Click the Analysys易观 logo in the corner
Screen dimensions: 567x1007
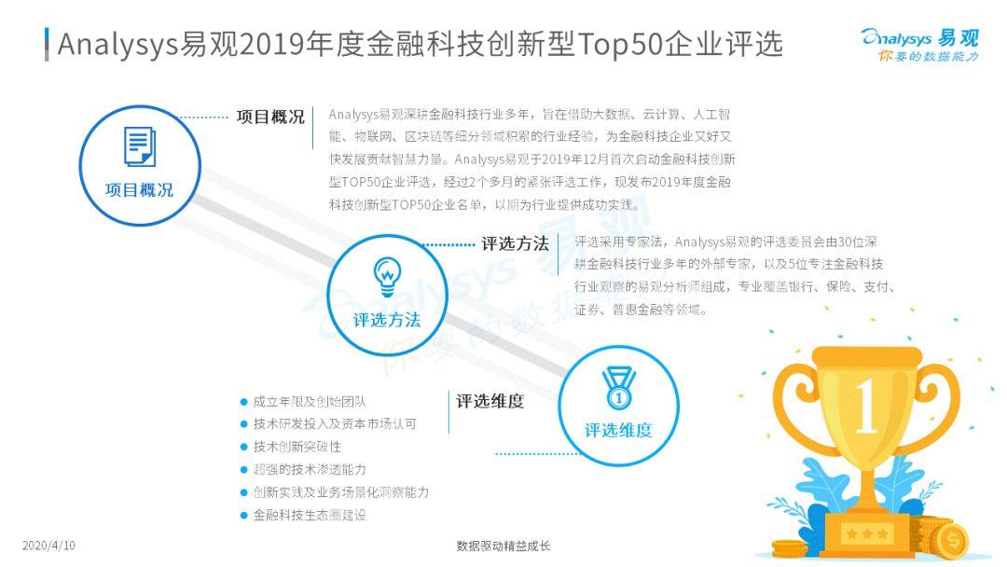pos(919,38)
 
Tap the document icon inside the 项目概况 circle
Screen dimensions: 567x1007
pos(139,147)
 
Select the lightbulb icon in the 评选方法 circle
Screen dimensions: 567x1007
pos(386,275)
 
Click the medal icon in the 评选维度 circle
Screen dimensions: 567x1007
pos(617,388)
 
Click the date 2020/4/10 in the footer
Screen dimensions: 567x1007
pos(48,545)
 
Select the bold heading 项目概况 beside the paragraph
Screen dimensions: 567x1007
pos(270,118)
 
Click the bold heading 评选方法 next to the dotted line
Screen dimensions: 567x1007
pos(515,244)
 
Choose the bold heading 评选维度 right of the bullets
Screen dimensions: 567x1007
pos(490,402)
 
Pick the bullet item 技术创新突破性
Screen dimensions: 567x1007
pos(297,447)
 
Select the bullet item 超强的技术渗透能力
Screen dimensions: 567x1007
pos(310,469)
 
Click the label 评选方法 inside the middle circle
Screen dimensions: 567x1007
pos(386,320)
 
